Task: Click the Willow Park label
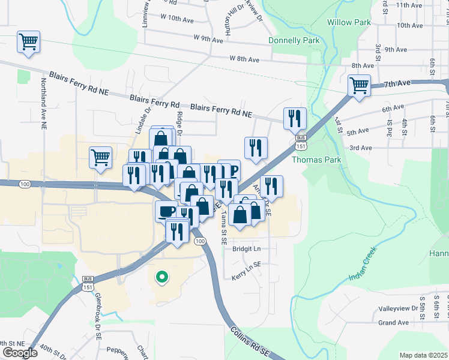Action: (x=349, y=22)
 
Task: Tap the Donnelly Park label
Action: (x=294, y=40)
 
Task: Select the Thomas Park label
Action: (x=316, y=160)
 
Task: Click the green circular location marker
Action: (x=161, y=277)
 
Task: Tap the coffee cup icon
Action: (x=166, y=211)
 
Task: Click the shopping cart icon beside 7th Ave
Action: (x=359, y=85)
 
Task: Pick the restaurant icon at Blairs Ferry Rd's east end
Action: (x=295, y=118)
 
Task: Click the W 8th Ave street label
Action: (x=244, y=59)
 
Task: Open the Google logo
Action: (x=20, y=353)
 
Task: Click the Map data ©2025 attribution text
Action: (x=424, y=355)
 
